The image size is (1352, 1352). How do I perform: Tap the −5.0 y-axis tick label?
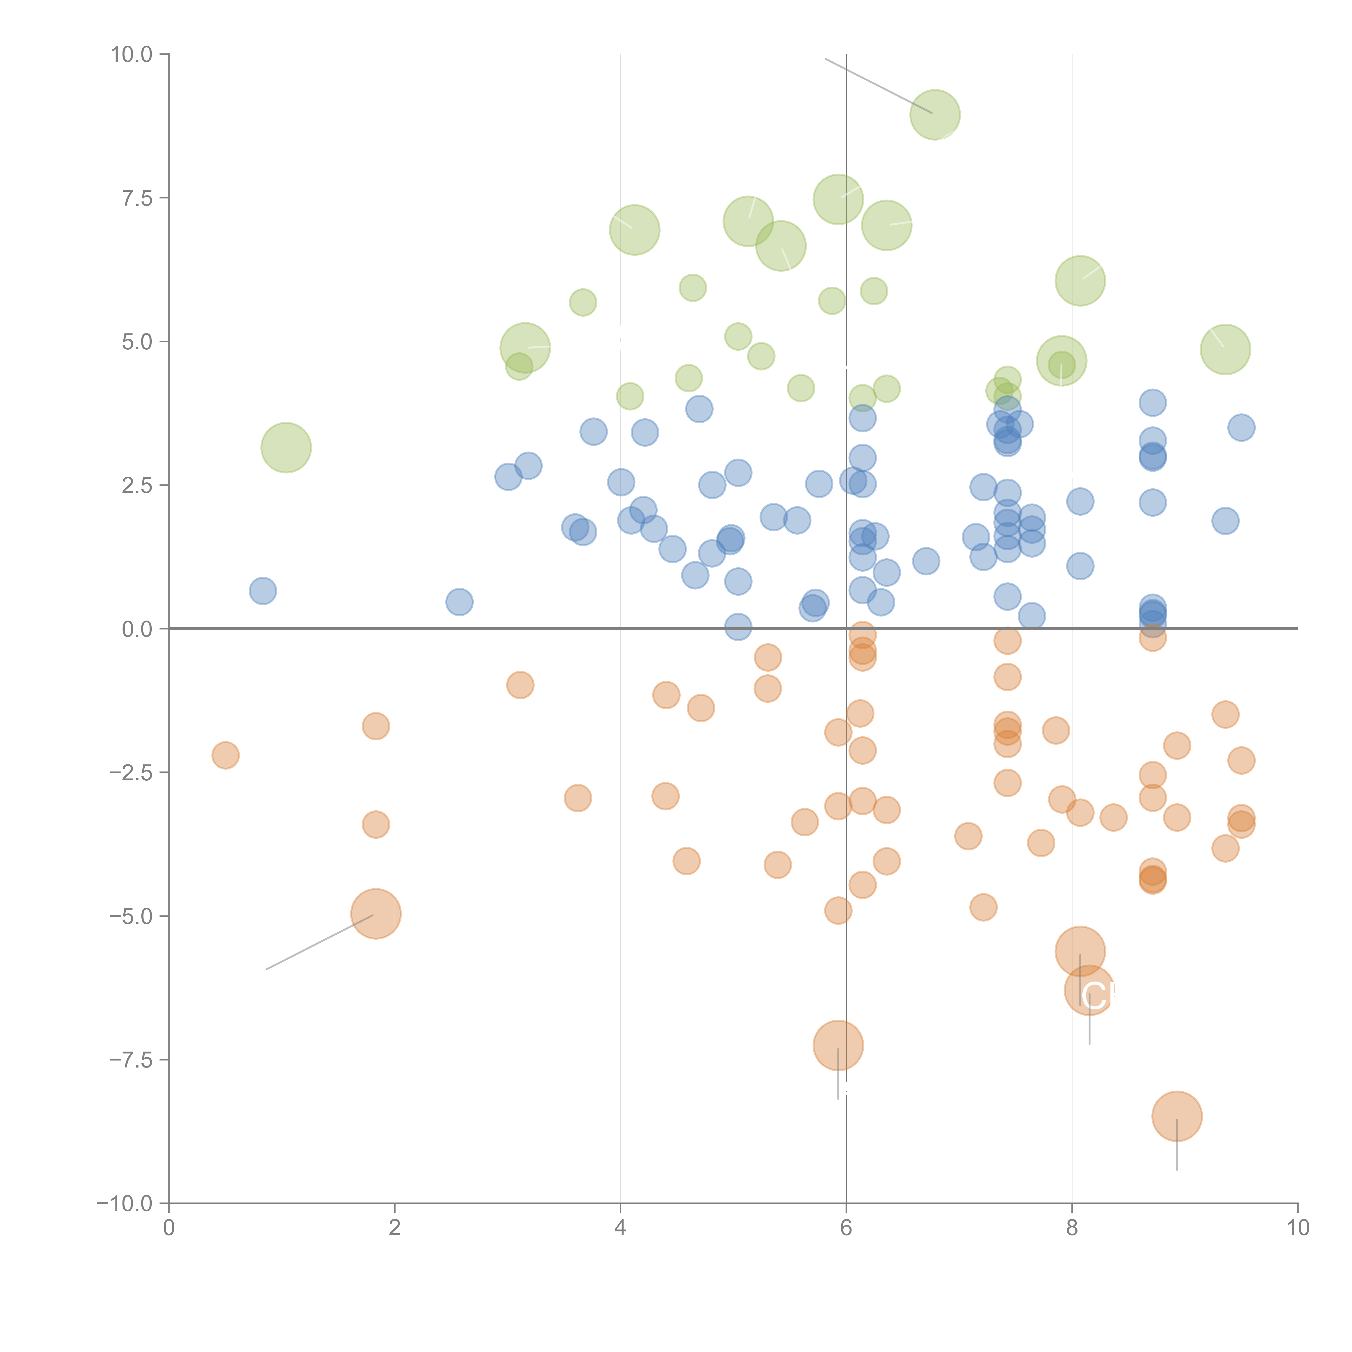point(130,916)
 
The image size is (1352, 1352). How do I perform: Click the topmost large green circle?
point(935,114)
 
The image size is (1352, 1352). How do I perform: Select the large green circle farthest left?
point(286,447)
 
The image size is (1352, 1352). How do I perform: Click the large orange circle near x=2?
point(376,913)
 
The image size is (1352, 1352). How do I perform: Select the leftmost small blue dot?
point(262,591)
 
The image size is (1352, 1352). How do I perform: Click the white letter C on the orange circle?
point(1092,996)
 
